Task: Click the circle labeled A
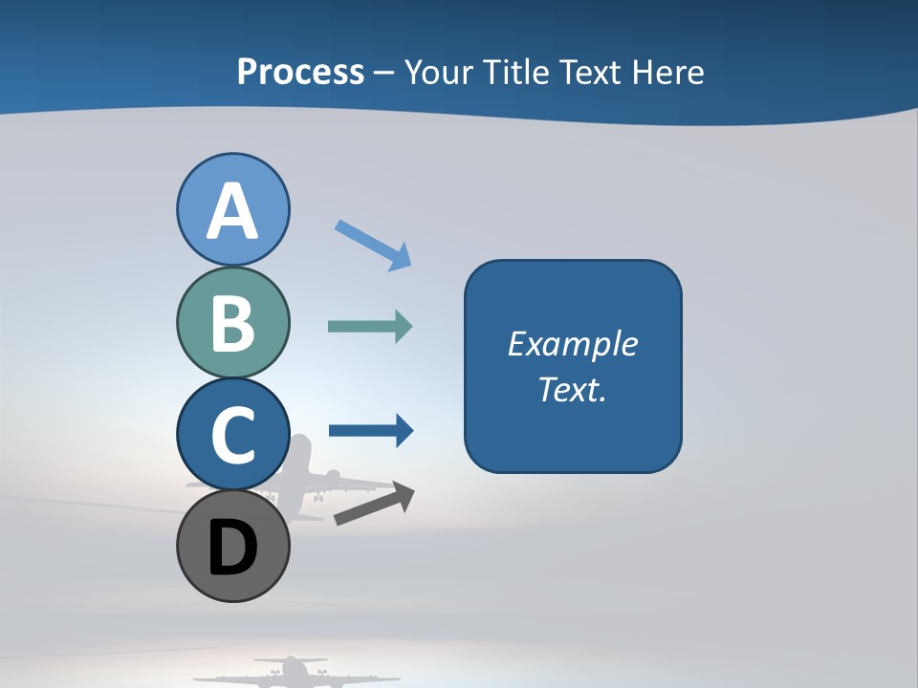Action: [x=232, y=209]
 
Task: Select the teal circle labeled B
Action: [x=232, y=322]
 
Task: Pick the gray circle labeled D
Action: [x=232, y=546]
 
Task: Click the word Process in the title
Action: [x=300, y=72]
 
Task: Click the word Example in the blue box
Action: [x=572, y=344]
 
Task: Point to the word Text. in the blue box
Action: [x=572, y=389]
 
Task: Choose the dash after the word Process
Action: [x=384, y=73]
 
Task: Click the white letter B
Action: [x=232, y=323]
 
